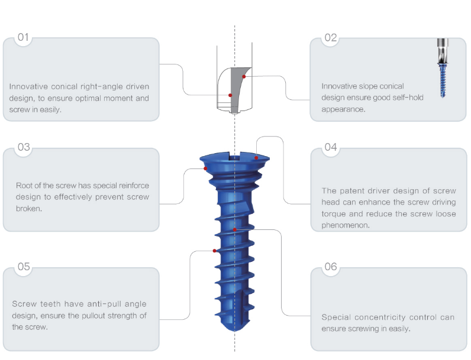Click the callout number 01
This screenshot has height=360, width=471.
[23, 38]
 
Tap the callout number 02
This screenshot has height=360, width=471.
[330, 38]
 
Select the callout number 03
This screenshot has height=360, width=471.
[23, 148]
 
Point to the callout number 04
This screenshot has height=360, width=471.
[330, 148]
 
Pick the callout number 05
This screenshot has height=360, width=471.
[23, 267]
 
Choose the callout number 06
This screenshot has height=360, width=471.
[330, 267]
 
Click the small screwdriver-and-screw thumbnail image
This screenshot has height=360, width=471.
[442, 69]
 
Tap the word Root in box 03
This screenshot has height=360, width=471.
[25, 186]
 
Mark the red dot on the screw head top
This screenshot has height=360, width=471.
[256, 158]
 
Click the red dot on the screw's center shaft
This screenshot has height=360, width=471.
[235, 229]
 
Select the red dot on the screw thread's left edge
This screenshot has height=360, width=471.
[214, 251]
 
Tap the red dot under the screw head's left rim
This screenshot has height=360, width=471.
[205, 168]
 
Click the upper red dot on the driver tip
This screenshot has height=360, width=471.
[243, 77]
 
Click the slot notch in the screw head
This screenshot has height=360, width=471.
[235, 157]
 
